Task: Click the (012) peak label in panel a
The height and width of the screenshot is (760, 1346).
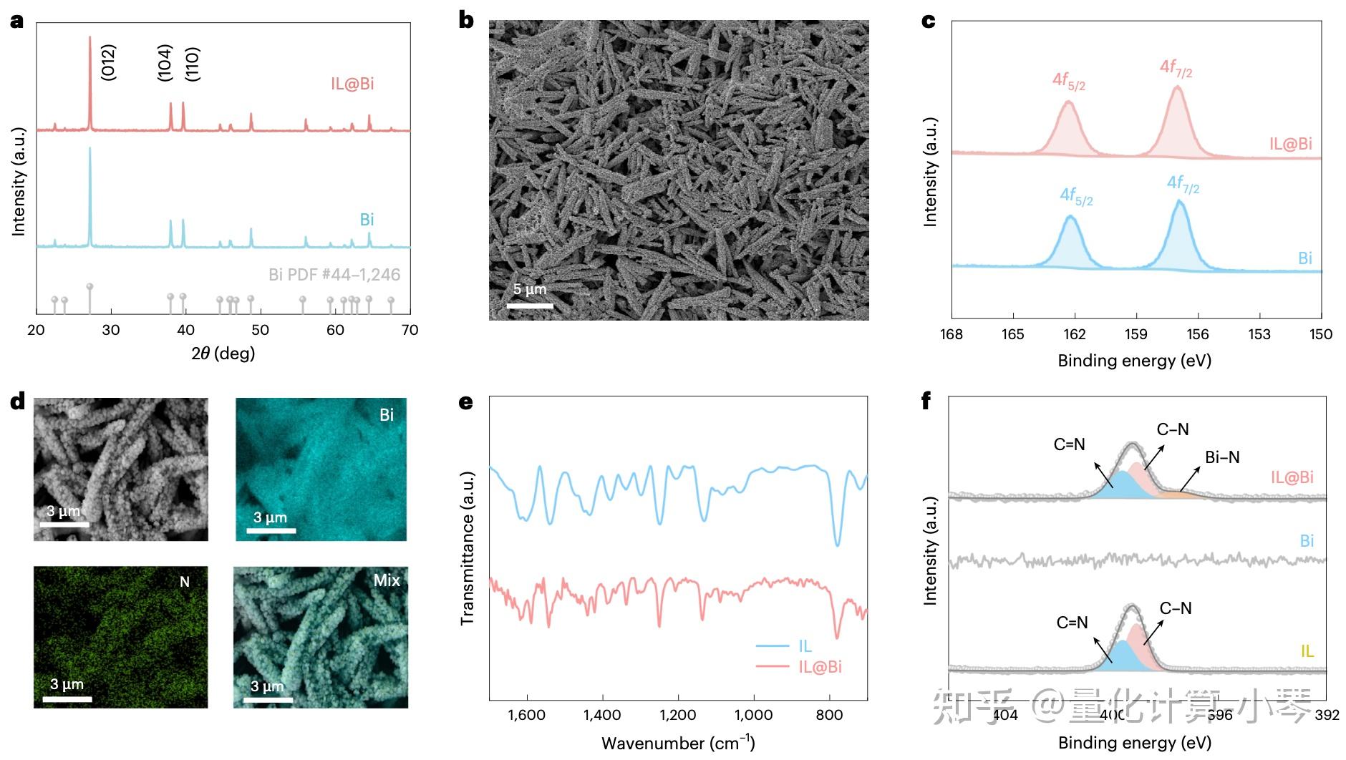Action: (x=108, y=62)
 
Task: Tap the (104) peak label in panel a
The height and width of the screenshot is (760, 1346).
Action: (x=165, y=62)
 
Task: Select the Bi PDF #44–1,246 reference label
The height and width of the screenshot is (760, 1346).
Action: (x=334, y=274)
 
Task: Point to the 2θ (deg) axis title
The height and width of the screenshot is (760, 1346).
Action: (x=223, y=353)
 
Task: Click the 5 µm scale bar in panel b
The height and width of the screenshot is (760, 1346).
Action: (x=530, y=306)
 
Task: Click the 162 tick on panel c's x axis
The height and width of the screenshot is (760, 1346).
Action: (x=1074, y=334)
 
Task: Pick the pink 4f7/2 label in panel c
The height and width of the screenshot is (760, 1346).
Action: (x=1176, y=69)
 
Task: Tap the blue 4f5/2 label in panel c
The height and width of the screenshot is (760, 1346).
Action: (x=1076, y=196)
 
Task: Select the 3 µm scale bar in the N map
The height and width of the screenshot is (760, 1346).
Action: (x=70, y=698)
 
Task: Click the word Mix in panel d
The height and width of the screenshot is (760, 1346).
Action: (x=387, y=580)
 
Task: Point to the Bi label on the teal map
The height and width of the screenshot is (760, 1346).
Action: (x=387, y=415)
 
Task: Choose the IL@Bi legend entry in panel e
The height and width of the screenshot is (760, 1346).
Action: (x=820, y=667)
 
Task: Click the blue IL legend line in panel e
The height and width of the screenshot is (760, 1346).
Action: (x=773, y=646)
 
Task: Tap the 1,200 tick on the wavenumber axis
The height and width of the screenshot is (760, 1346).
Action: (x=677, y=715)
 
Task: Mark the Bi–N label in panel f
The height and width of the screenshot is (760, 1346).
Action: (x=1222, y=457)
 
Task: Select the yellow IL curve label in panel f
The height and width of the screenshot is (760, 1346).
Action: (x=1307, y=651)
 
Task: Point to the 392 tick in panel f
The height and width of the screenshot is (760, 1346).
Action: (x=1326, y=715)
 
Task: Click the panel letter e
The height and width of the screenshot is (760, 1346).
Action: (x=466, y=402)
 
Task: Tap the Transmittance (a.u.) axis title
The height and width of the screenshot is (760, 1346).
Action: (x=468, y=548)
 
